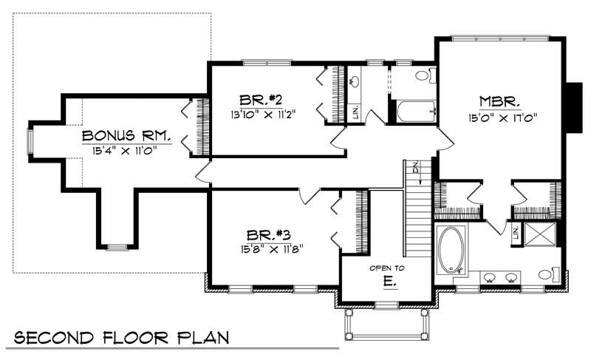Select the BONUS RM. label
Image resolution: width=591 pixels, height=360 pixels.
(x=127, y=136)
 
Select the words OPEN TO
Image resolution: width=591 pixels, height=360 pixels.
(x=387, y=268)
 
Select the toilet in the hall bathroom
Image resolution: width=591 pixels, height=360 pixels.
(x=423, y=75)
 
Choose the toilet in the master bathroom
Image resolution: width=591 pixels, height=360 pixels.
(x=547, y=274)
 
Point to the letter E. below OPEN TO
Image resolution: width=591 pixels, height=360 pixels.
(x=389, y=282)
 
